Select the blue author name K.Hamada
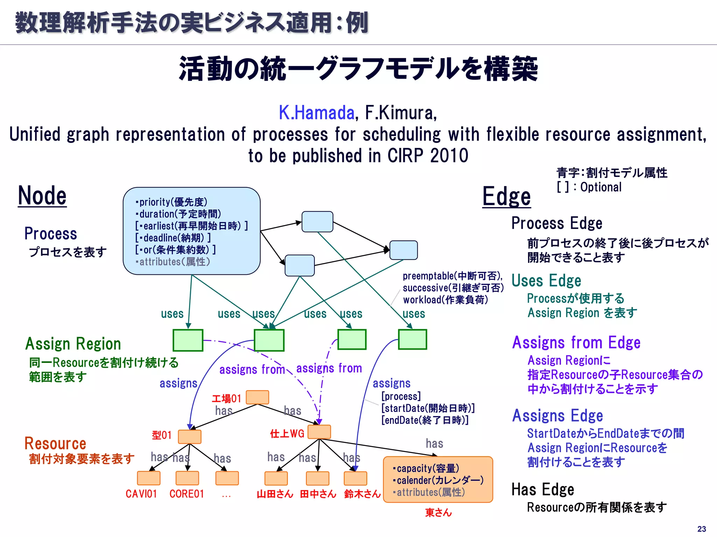[316, 113]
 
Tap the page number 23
[702, 529]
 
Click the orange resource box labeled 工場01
[257, 398]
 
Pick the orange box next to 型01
[190, 437]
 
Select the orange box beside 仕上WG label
[319, 432]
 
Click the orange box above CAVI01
[148, 478]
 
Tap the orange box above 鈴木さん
[355, 478]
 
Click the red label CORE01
[187, 494]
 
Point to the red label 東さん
[438, 513]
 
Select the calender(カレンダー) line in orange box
[438, 480]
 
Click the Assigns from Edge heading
[576, 343]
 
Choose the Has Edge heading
[543, 489]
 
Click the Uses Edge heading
[546, 281]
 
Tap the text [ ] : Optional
[589, 187]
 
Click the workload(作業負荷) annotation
[445, 300]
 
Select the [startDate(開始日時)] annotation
[428, 408]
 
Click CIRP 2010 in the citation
[427, 156]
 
